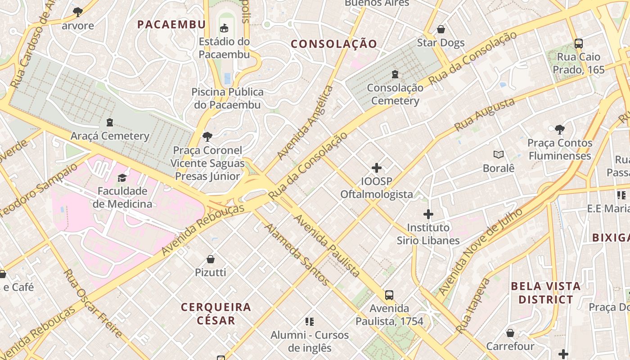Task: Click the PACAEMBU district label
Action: [x=171, y=24]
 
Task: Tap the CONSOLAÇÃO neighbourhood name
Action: [x=333, y=44]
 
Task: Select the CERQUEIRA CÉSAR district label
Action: [x=216, y=314]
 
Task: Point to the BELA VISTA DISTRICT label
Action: [x=546, y=292]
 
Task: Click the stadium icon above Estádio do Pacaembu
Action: [x=224, y=28]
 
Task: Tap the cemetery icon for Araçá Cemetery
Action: [x=109, y=122]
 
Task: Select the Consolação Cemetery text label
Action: [x=395, y=94]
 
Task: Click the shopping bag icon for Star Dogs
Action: [x=441, y=29]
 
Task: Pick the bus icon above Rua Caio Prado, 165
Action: [x=579, y=44]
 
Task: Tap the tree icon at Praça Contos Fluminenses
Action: [x=560, y=130]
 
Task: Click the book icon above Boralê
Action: [x=498, y=155]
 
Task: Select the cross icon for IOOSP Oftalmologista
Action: [x=377, y=168]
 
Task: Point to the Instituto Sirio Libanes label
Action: [x=428, y=234]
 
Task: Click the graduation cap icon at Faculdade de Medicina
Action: [x=122, y=178]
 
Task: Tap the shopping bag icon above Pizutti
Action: [x=210, y=259]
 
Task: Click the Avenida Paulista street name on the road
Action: [x=327, y=246]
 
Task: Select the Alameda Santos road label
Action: [x=297, y=254]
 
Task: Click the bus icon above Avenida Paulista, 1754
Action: [x=389, y=295]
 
